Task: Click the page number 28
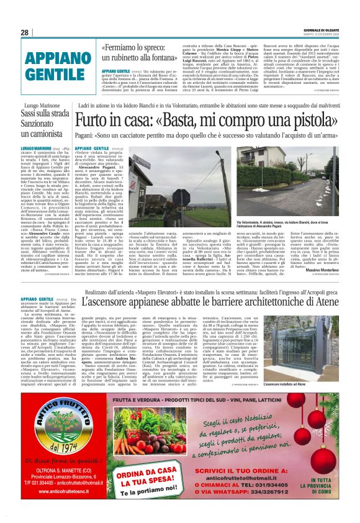[24, 32]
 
